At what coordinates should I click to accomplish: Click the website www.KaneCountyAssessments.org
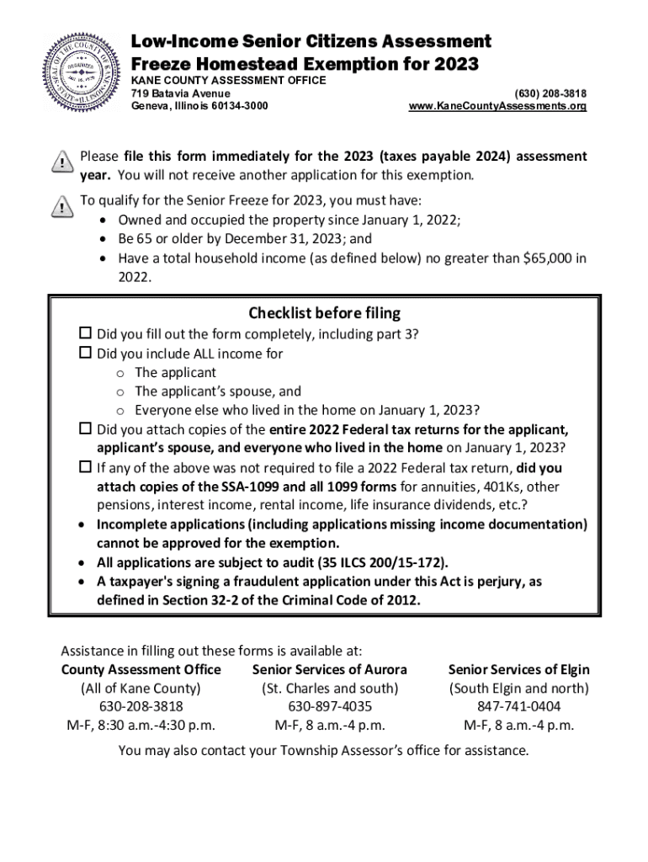[x=497, y=106]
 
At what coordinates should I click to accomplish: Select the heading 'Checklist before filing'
[x=324, y=313]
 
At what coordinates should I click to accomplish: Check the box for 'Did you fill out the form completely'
[x=85, y=334]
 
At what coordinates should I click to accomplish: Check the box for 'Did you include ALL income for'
[x=85, y=354]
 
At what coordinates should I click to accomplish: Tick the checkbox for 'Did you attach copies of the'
[x=85, y=428]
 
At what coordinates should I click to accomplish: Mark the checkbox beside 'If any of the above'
[x=85, y=466]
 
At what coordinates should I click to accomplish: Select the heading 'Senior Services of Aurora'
[x=330, y=670]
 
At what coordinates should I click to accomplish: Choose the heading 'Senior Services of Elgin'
[x=518, y=670]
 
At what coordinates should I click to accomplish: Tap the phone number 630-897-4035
[x=330, y=706]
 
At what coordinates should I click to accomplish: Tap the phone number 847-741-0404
[x=518, y=706]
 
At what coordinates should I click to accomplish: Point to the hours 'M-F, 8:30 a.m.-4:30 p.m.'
[x=141, y=725]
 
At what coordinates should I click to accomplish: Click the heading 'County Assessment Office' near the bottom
[x=141, y=670]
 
